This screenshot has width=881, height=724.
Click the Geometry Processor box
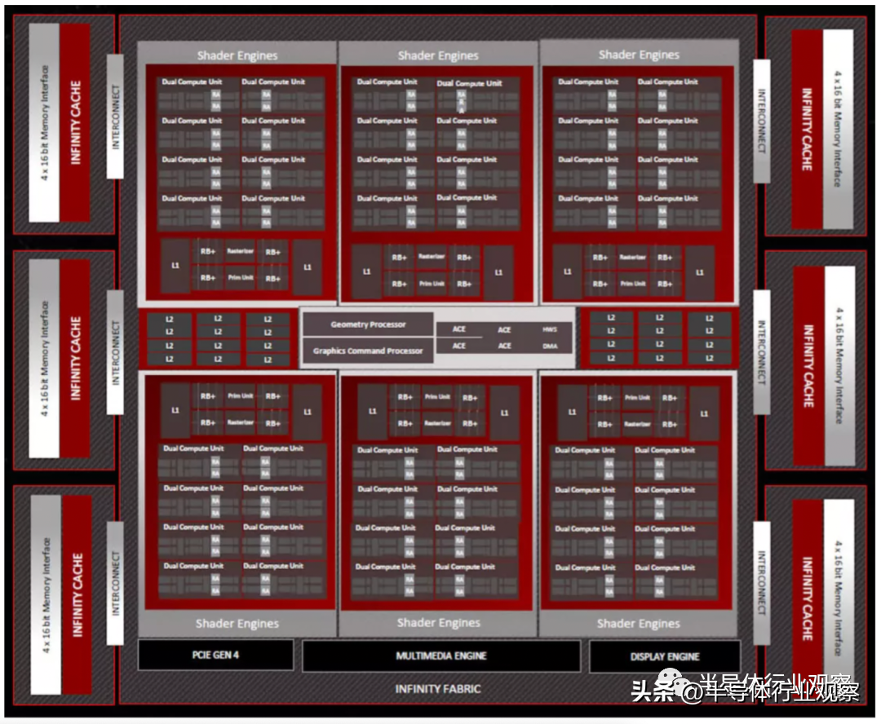pyautogui.click(x=368, y=324)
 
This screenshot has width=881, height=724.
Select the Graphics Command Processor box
pyautogui.click(x=368, y=351)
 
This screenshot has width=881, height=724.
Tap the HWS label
pyautogui.click(x=550, y=329)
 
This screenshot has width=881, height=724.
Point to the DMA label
pyautogui.click(x=550, y=347)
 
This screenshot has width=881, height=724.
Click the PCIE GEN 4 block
pyautogui.click(x=215, y=655)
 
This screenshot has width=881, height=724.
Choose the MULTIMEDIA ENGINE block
pyautogui.click(x=441, y=656)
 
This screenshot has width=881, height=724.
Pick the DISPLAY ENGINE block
pyautogui.click(x=665, y=656)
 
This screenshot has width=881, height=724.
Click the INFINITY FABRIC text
pyautogui.click(x=438, y=689)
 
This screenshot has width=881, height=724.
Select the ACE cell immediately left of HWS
pyautogui.click(x=505, y=329)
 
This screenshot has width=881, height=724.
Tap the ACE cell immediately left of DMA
pyautogui.click(x=505, y=347)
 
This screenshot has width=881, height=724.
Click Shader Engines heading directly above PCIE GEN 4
pyautogui.click(x=237, y=624)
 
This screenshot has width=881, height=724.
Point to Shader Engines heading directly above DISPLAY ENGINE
pyautogui.click(x=639, y=624)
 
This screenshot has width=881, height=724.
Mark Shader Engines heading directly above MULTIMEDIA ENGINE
pyautogui.click(x=438, y=623)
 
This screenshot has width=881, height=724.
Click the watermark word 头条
pyautogui.click(x=650, y=692)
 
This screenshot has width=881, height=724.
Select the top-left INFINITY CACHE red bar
pyautogui.click(x=76, y=122)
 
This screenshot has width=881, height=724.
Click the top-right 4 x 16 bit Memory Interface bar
pyautogui.click(x=838, y=128)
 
